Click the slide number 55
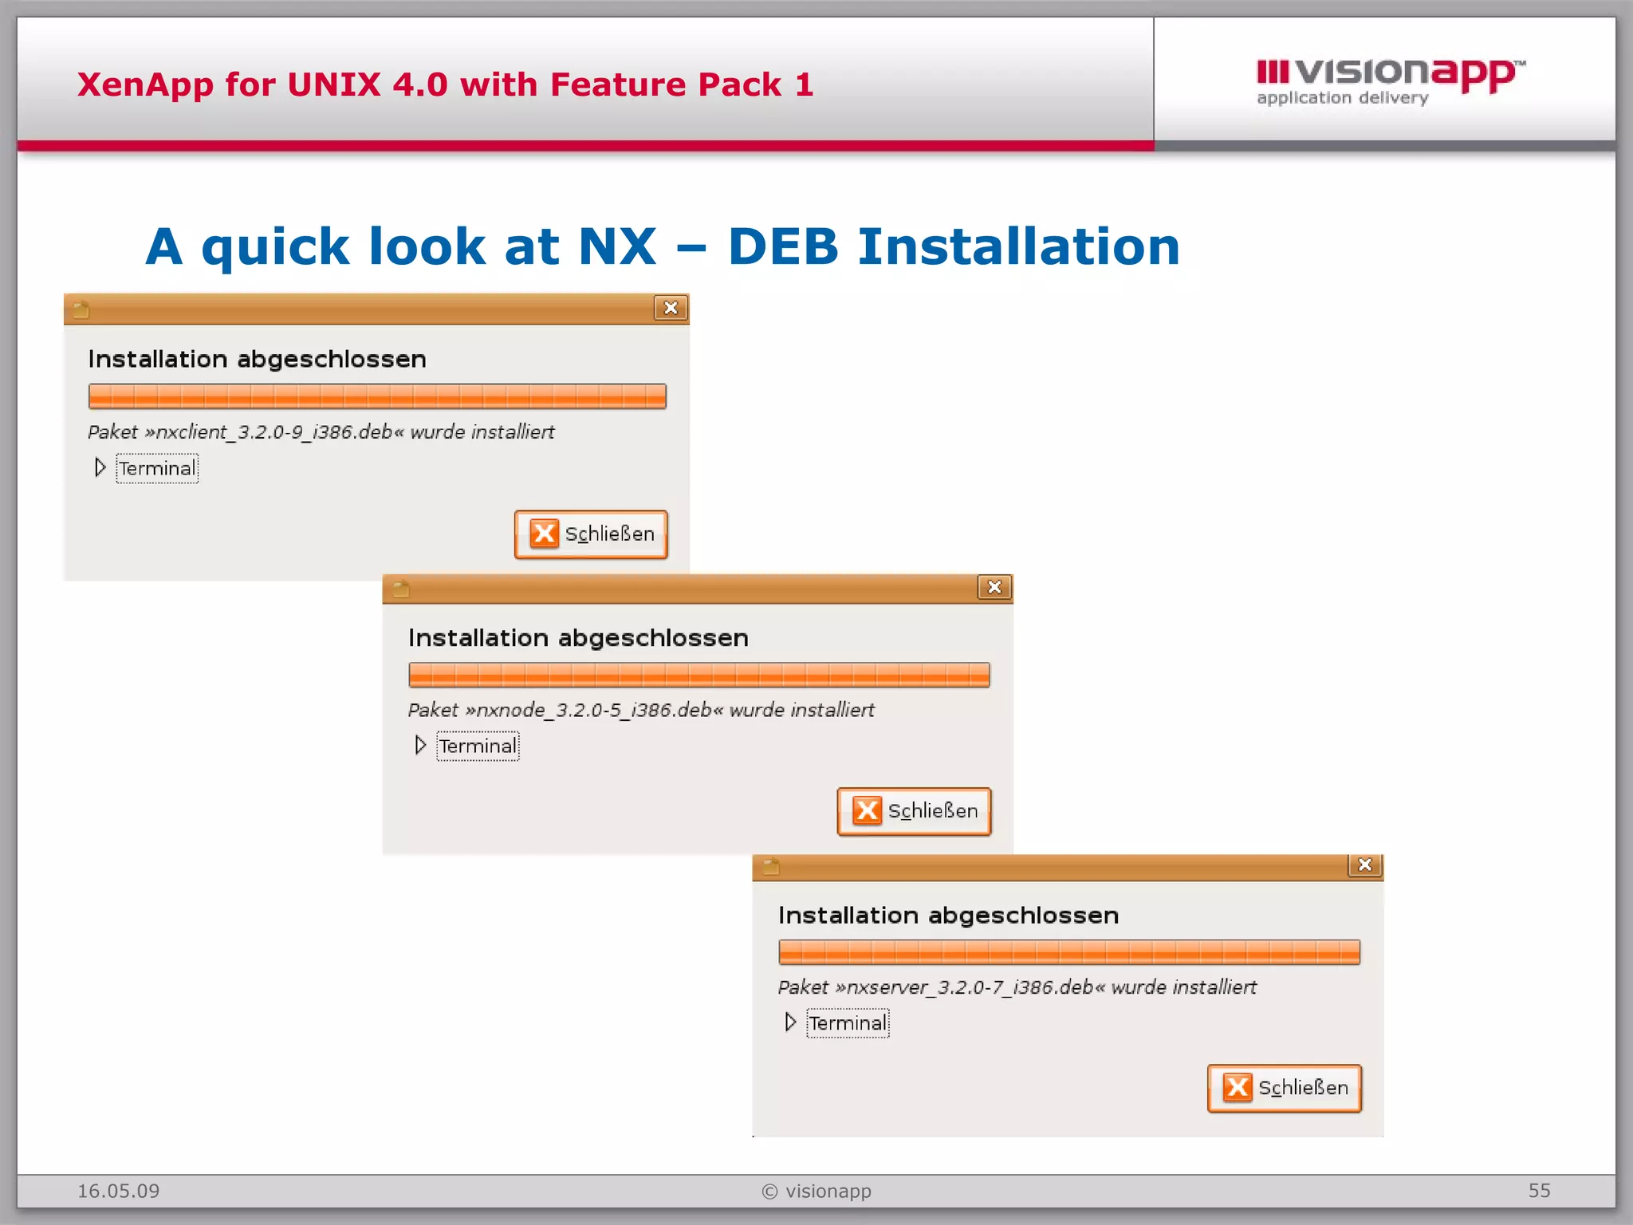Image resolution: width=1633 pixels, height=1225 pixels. point(1539,1191)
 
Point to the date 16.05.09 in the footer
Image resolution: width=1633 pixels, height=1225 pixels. point(118,1191)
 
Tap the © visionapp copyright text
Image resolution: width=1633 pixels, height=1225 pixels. point(816,1191)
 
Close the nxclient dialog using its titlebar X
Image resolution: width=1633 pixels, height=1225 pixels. point(671,308)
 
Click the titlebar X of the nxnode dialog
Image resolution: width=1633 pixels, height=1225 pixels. point(994,587)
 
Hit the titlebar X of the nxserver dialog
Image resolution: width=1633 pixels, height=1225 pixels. point(1364,865)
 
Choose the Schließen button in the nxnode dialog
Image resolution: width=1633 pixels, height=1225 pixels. point(914,811)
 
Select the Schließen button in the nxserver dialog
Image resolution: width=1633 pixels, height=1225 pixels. point(1284,1088)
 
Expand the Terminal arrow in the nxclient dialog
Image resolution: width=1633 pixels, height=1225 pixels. point(100,467)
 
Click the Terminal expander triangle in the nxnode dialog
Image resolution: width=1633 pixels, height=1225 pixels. point(420,745)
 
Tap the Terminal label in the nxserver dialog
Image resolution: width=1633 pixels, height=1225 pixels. point(848,1023)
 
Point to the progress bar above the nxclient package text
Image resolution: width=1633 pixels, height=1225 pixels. point(377,396)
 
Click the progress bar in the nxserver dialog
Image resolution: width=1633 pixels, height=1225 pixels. point(1068,952)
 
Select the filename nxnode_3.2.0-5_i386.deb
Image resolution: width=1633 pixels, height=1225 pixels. point(594,710)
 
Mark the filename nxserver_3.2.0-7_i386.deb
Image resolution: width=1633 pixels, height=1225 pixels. point(970,987)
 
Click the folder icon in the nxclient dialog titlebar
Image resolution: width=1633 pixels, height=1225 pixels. point(81,309)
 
